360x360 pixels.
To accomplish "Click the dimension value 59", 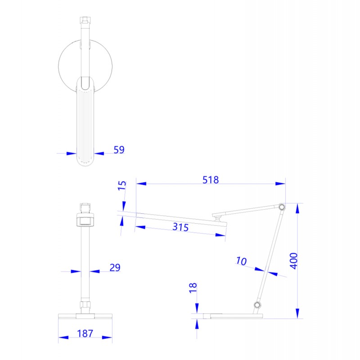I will pyautogui.click(x=119, y=150).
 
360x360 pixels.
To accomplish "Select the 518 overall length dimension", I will pyautogui.click(x=210, y=180).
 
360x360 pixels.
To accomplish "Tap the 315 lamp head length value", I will pyautogui.click(x=180, y=227).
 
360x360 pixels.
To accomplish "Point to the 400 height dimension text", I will pyautogui.click(x=293, y=261).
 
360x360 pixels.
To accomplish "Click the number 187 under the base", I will pyautogui.click(x=85, y=333).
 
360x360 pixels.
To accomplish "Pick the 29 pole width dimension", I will pyautogui.click(x=115, y=268).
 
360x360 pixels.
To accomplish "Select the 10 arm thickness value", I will pyautogui.click(x=242, y=261).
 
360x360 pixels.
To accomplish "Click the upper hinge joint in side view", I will pyautogui.click(x=282, y=207).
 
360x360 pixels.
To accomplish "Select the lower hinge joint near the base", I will pyautogui.click(x=257, y=306).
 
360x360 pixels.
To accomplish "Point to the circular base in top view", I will pyautogui.click(x=67, y=63).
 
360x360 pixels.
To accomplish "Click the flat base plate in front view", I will pyautogui.click(x=85, y=315).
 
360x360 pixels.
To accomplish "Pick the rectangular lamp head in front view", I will pyautogui.click(x=85, y=220).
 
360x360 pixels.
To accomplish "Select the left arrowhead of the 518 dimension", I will pyautogui.click(x=141, y=184).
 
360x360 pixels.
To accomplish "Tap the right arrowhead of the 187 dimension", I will pyautogui.click(x=108, y=337).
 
